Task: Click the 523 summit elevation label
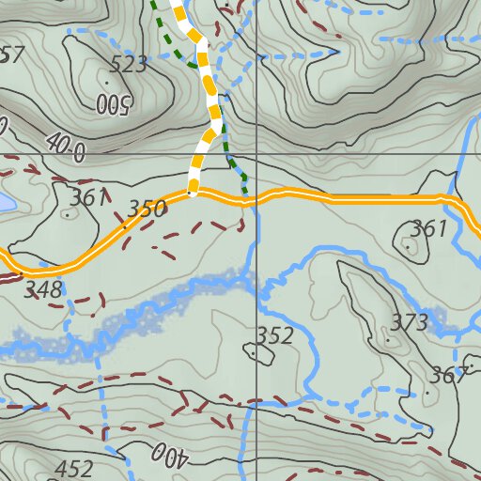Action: tap(129, 65)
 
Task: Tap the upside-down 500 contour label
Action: tap(112, 103)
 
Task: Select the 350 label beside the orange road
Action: tap(147, 209)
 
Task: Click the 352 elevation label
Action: tap(275, 335)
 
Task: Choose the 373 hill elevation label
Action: tap(410, 323)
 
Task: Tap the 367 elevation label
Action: tap(448, 376)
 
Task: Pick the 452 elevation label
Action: tap(74, 469)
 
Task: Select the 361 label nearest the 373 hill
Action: tap(429, 228)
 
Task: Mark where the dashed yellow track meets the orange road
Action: tap(192, 194)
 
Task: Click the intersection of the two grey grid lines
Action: tap(256, 153)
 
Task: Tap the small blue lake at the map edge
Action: tap(6, 203)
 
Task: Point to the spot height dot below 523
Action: tap(106, 83)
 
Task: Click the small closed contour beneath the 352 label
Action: tap(256, 353)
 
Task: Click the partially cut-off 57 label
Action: tap(11, 54)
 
